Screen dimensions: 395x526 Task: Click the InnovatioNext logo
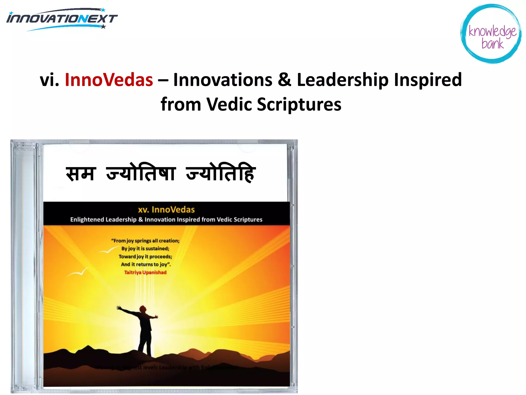(x=62, y=19)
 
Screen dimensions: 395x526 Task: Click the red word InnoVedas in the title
(x=109, y=80)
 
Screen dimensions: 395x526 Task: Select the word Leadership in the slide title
(x=343, y=80)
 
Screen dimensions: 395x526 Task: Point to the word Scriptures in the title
(x=299, y=104)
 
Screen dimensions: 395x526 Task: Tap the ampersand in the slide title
(x=284, y=80)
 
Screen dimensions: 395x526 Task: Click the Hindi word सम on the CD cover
(x=81, y=174)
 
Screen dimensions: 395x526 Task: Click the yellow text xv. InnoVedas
(x=166, y=210)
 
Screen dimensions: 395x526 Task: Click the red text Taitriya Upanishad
(x=145, y=272)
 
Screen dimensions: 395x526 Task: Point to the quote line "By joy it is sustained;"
(x=145, y=248)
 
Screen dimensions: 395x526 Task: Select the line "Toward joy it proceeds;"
(x=145, y=256)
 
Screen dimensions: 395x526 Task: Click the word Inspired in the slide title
(x=428, y=80)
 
